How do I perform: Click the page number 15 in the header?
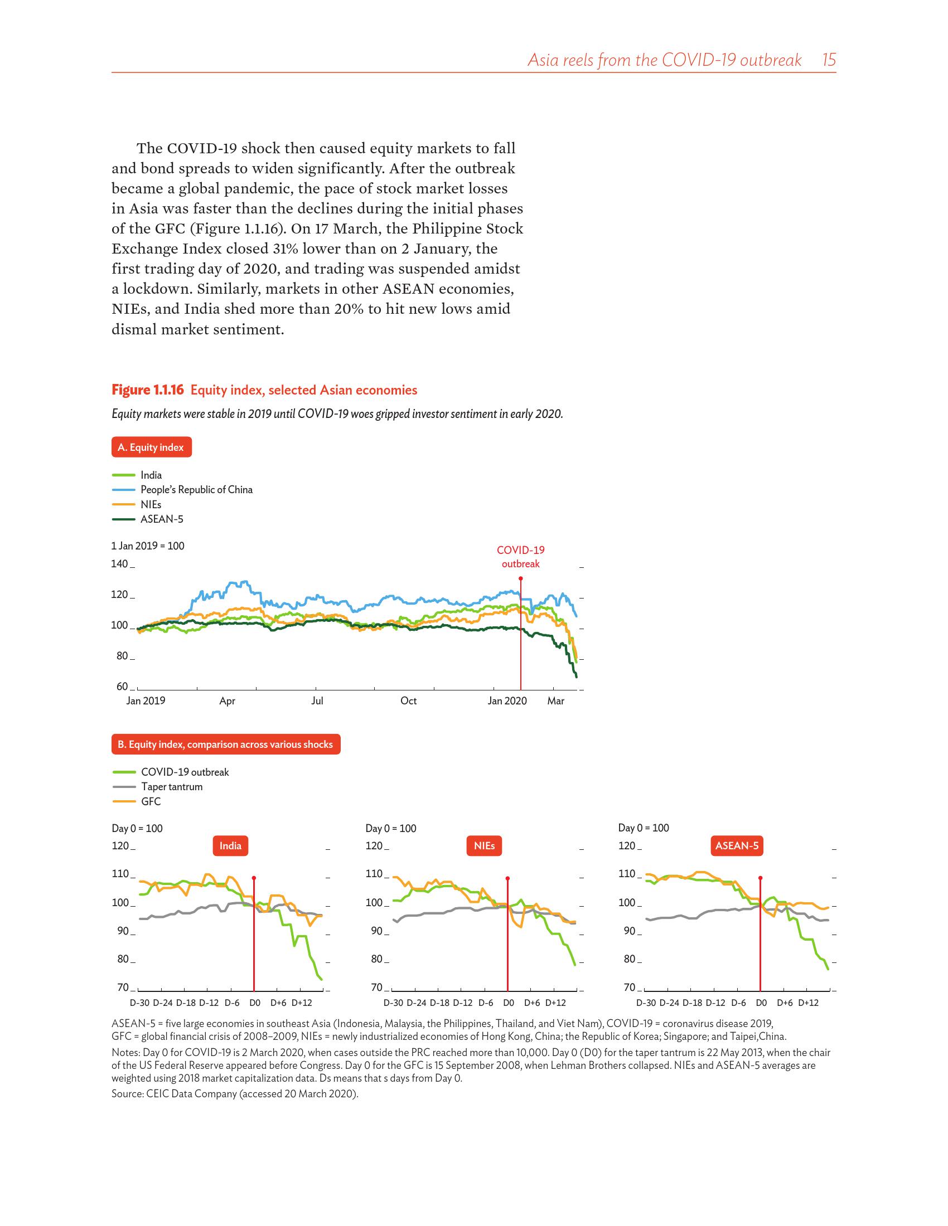[829, 60]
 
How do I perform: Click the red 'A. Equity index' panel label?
[151, 447]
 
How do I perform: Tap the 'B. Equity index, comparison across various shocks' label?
[226, 745]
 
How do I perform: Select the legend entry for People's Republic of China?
[196, 489]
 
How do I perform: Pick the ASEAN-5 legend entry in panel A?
[161, 519]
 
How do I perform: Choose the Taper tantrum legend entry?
[171, 786]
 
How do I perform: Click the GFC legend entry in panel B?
[151, 801]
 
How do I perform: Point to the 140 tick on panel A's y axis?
[119, 563]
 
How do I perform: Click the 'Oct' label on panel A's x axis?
[408, 700]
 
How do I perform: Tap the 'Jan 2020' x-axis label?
[507, 700]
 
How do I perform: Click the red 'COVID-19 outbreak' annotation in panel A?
[521, 557]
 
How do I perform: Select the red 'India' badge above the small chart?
[230, 845]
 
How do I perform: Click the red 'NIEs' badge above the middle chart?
[484, 845]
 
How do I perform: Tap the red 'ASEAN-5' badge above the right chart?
[737, 845]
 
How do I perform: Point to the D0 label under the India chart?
[254, 1003]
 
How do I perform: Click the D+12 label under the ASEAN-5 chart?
[808, 1003]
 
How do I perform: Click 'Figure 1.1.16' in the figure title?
[148, 390]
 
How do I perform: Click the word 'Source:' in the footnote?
[128, 1093]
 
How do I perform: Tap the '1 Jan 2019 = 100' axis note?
[148, 546]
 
